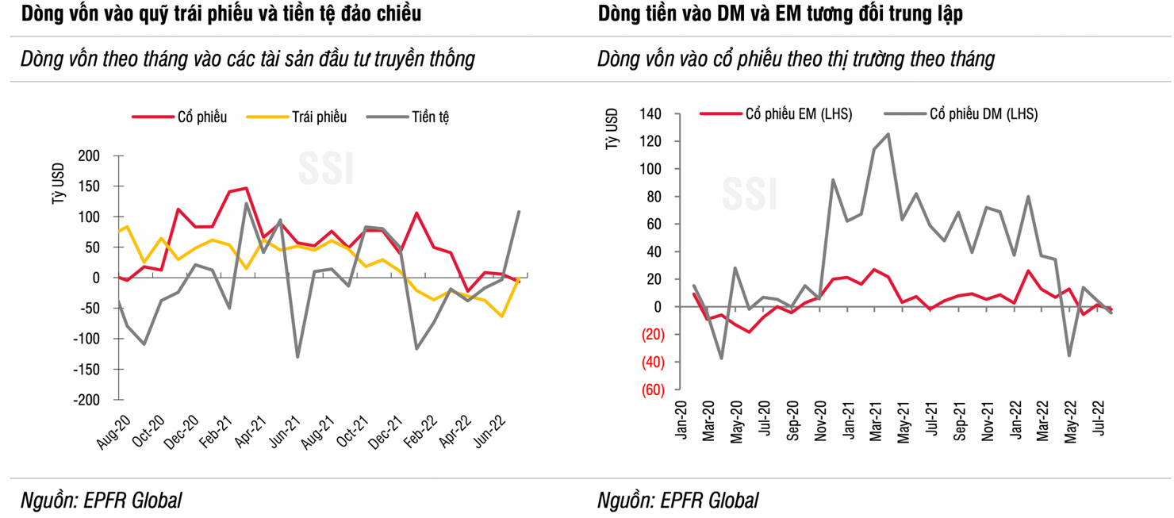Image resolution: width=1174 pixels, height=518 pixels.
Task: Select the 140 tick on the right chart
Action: [650, 114]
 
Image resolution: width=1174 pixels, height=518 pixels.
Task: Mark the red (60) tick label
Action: [652, 389]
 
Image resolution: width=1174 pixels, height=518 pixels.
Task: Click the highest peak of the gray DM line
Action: [888, 134]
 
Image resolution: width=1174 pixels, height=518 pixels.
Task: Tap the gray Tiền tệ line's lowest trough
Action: [297, 357]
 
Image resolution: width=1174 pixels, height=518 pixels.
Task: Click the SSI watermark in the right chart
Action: [749, 194]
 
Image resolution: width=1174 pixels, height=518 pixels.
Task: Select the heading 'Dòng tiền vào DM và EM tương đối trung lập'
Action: [781, 13]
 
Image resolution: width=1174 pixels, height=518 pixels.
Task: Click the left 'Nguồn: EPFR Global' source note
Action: [102, 501]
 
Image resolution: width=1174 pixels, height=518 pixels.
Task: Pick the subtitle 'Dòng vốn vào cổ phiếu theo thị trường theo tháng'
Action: [796, 59]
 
